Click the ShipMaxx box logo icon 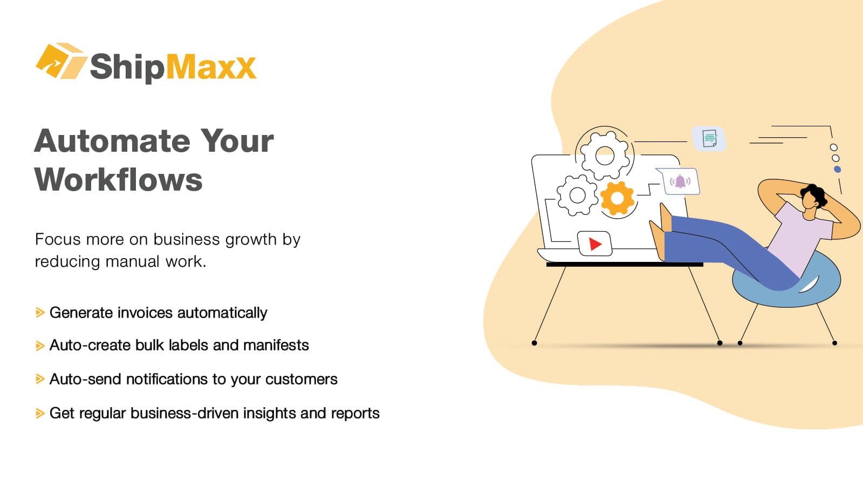tap(61, 60)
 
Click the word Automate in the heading tap(112, 141)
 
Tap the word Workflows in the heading tap(118, 180)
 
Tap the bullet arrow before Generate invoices tap(40, 313)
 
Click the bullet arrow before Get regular tap(40, 414)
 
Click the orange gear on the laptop tap(617, 198)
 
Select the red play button tap(595, 244)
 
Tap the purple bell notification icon tap(680, 181)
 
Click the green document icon tap(709, 138)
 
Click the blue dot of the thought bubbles tap(837, 170)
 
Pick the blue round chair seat tap(786, 281)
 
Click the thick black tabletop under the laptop tap(625, 265)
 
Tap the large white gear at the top tap(605, 156)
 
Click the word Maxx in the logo tap(210, 67)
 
